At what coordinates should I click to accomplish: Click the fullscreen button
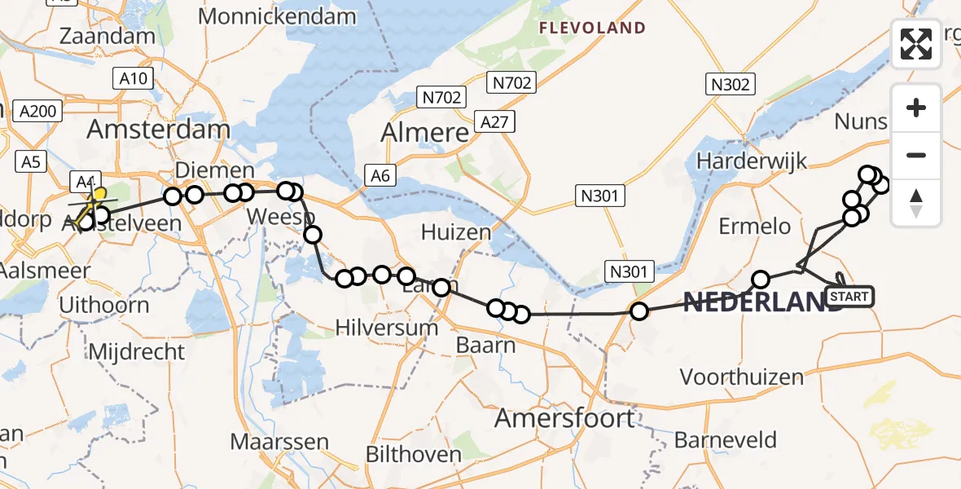[916, 44]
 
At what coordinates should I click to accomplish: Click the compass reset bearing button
[916, 203]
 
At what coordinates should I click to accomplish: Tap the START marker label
[850, 297]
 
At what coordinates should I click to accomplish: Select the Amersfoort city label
[565, 419]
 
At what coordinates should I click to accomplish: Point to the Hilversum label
[387, 328]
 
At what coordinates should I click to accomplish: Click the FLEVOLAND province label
[592, 29]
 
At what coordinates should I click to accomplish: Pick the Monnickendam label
[277, 16]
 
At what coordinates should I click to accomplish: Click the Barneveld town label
[726, 441]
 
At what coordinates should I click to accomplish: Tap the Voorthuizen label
[741, 377]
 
